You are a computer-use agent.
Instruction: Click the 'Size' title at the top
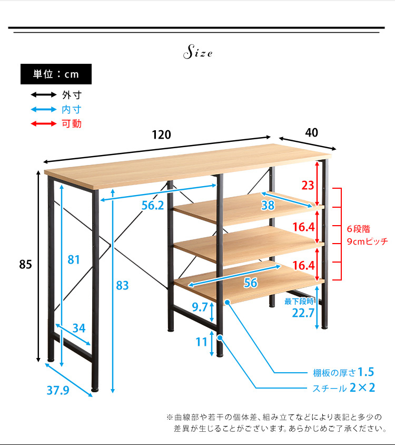click(197, 53)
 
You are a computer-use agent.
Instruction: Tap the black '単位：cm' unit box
click(56, 74)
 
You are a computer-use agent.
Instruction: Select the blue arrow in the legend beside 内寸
click(43, 110)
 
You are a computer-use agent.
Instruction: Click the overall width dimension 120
click(162, 134)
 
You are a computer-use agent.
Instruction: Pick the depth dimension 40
click(311, 132)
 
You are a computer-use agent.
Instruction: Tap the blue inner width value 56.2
click(153, 206)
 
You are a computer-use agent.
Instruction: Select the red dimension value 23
click(308, 186)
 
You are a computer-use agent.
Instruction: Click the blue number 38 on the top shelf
click(268, 206)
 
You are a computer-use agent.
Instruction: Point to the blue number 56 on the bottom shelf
click(251, 283)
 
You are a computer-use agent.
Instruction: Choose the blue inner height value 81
click(74, 259)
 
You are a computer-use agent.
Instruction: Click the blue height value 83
click(122, 286)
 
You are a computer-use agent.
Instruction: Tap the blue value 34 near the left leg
click(79, 328)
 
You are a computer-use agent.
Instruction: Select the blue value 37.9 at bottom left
click(58, 391)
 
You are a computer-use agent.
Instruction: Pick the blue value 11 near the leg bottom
click(202, 342)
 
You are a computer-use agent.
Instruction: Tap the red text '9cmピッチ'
click(367, 241)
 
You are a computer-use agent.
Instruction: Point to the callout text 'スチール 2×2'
click(343, 389)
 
